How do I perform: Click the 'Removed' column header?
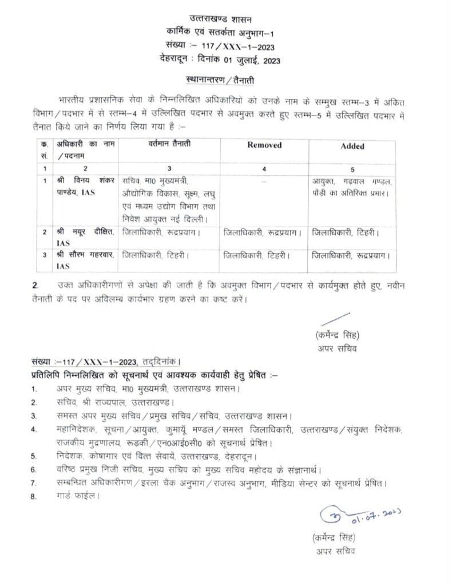point(264,145)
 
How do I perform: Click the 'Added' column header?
point(352,146)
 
